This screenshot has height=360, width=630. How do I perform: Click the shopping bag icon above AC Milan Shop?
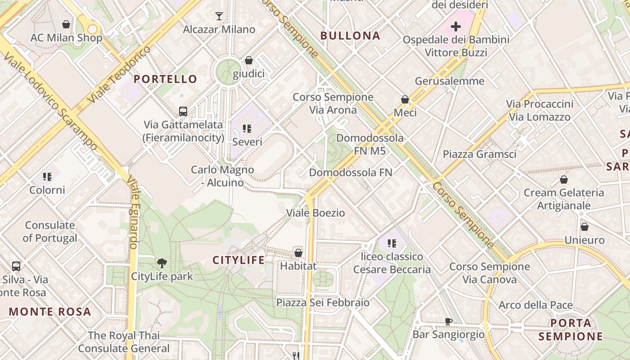coord(66,24)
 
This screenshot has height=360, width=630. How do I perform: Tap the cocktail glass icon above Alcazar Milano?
coord(219,16)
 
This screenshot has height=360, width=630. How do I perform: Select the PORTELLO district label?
coord(165,79)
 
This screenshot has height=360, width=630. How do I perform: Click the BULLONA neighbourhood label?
coord(350,36)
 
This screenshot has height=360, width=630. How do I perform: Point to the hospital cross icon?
coord(456,26)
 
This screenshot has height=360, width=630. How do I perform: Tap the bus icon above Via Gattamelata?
coord(183,111)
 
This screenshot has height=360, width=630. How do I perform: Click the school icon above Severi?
coord(247,129)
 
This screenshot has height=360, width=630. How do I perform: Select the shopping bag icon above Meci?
coord(405,99)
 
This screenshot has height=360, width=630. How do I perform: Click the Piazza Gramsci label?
coord(479,154)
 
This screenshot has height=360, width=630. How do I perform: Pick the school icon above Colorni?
coord(47,177)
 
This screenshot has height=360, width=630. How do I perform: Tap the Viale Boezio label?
coord(316,213)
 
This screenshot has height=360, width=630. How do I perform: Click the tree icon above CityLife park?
coord(162,263)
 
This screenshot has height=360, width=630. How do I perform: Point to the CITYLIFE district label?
coord(238,260)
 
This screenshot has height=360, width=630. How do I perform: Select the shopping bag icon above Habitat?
coord(298,253)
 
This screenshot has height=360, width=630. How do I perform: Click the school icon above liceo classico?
coord(392,243)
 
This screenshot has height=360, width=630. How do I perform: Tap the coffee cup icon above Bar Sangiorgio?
coord(448,321)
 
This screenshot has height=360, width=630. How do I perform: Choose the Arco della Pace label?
coord(535,305)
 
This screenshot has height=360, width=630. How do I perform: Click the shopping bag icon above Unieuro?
coord(584,227)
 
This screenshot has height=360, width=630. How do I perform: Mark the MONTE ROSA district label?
coord(49,311)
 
